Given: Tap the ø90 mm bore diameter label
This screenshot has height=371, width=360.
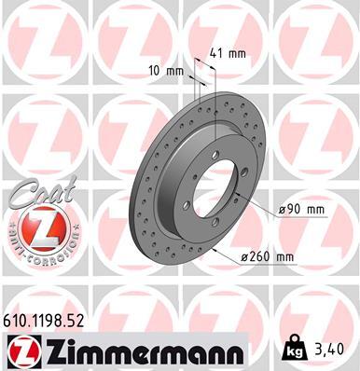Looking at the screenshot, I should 302,211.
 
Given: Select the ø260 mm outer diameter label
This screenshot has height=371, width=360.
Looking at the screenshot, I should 268,257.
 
